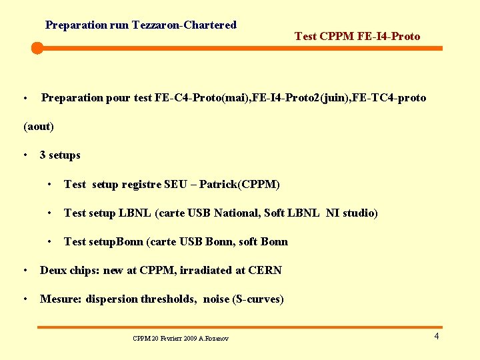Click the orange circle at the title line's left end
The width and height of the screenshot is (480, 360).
click(37, 48)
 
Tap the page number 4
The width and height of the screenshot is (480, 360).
click(436, 336)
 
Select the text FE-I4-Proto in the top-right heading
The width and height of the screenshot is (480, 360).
click(391, 36)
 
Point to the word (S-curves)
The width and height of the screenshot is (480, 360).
click(257, 299)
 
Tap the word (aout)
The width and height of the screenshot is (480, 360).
click(39, 126)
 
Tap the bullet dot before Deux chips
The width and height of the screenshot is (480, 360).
click(25, 271)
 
